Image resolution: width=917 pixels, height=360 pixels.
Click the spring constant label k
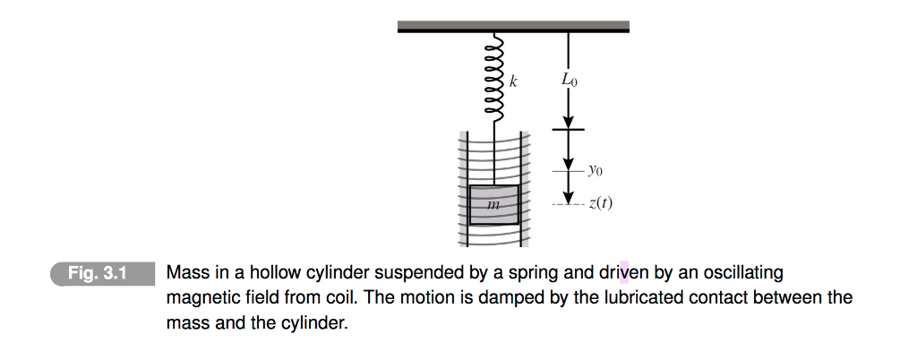pos(513,81)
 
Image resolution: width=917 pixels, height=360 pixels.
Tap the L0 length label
pos(570,81)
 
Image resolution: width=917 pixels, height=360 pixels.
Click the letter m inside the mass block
pos(493,205)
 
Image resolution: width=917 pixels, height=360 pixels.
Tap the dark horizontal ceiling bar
pos(513,27)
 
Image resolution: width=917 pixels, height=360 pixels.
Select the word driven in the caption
pos(624,272)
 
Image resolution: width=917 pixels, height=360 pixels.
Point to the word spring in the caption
pos(518,272)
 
